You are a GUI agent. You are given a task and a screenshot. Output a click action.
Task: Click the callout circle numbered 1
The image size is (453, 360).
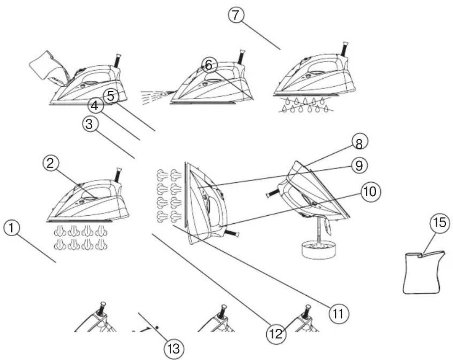click(x=11, y=228)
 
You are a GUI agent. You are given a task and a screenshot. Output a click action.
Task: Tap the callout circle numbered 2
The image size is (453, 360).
click(x=51, y=163)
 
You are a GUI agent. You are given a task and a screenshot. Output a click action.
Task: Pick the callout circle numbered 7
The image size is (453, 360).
click(x=236, y=15)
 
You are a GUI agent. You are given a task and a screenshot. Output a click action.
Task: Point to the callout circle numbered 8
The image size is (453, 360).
click(x=359, y=143)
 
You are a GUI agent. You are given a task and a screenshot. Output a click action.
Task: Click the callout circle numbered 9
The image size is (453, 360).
click(x=359, y=165)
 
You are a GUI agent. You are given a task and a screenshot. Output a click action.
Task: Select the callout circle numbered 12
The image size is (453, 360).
click(x=276, y=334)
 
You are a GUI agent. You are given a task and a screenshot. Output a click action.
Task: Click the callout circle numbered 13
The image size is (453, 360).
click(x=174, y=349)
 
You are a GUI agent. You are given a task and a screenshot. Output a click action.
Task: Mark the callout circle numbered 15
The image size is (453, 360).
click(x=440, y=223)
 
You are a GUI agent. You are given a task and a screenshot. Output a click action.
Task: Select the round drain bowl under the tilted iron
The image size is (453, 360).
click(x=319, y=250)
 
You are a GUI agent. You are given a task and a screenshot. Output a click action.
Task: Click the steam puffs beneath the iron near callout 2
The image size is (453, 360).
click(x=81, y=237)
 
